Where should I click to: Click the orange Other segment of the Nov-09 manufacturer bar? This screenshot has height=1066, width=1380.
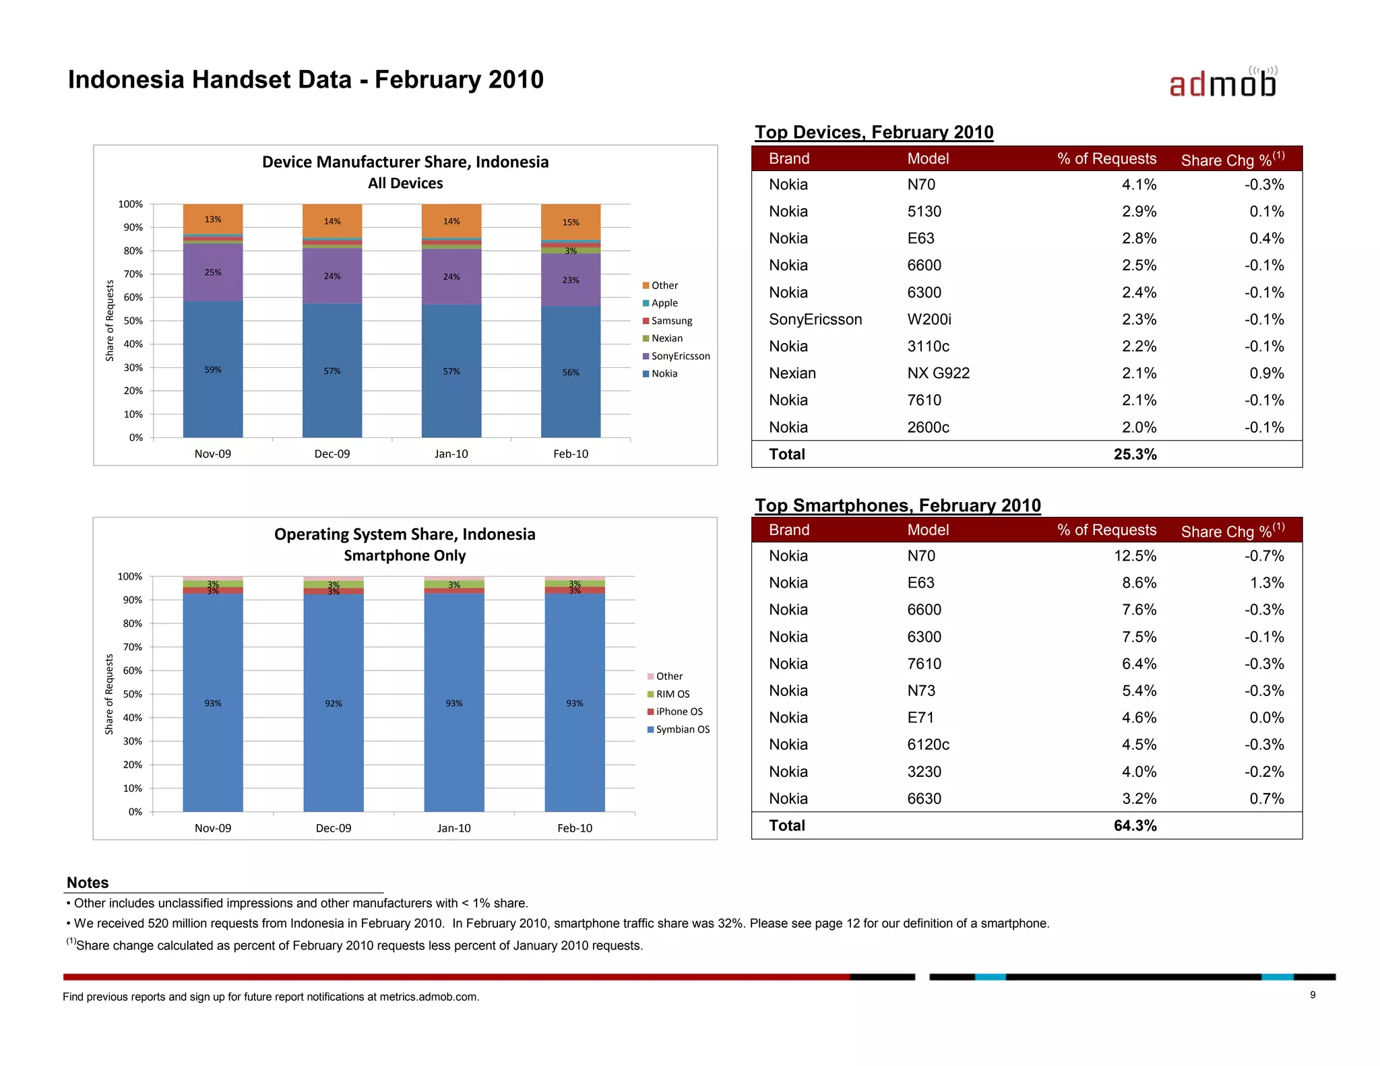pyautogui.click(x=213, y=219)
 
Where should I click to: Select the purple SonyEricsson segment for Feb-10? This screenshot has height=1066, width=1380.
pyautogui.click(x=571, y=280)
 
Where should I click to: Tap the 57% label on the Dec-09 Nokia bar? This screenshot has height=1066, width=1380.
pyautogui.click(x=332, y=371)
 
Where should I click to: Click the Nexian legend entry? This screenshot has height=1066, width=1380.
pyautogui.click(x=666, y=338)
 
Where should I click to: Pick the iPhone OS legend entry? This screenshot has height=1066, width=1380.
pyautogui.click(x=679, y=712)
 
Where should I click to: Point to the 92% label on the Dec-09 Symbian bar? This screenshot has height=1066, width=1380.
pyautogui.click(x=334, y=703)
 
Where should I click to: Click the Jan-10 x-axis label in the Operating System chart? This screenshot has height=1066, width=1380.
pyautogui.click(x=453, y=828)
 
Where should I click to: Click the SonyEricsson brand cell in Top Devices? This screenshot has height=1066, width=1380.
pyautogui.click(x=815, y=319)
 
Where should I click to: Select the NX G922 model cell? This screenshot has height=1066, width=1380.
pyautogui.click(x=938, y=373)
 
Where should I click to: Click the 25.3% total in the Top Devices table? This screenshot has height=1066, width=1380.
pyautogui.click(x=1135, y=454)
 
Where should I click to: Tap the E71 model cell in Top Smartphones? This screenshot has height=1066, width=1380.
pyautogui.click(x=920, y=718)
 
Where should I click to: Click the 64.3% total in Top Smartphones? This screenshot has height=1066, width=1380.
pyautogui.click(x=1135, y=825)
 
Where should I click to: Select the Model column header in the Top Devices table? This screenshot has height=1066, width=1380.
pyautogui.click(x=928, y=159)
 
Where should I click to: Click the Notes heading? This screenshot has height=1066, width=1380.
pyautogui.click(x=88, y=883)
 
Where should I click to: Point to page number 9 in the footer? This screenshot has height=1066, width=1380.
pyautogui.click(x=1313, y=995)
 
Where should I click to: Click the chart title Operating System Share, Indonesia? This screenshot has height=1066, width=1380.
pyautogui.click(x=404, y=534)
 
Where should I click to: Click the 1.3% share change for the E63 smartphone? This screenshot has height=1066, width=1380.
pyautogui.click(x=1266, y=583)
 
